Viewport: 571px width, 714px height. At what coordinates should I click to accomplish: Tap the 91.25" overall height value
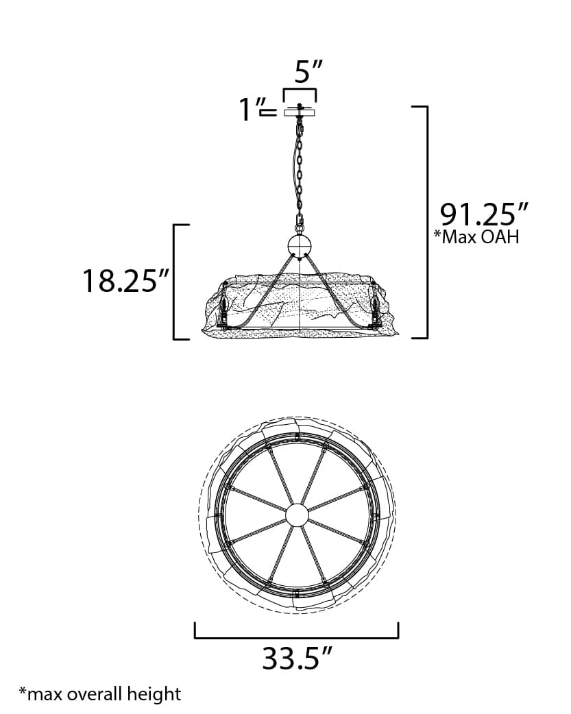(485, 214)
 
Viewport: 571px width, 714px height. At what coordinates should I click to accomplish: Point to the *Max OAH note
(476, 238)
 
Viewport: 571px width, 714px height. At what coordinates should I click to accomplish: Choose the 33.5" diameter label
(297, 658)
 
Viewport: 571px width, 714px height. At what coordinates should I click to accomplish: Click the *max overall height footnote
(99, 693)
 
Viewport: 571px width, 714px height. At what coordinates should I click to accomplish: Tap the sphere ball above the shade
(300, 245)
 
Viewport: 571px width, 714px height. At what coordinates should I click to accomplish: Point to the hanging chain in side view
(300, 171)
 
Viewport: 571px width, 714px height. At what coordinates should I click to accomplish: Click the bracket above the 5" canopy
(300, 91)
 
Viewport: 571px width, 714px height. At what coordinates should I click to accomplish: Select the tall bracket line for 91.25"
(426, 222)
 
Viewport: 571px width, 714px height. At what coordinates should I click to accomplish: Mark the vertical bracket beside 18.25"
(175, 281)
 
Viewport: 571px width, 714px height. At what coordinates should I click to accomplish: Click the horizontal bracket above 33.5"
(297, 636)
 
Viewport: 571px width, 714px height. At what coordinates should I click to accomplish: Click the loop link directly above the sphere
(300, 223)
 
